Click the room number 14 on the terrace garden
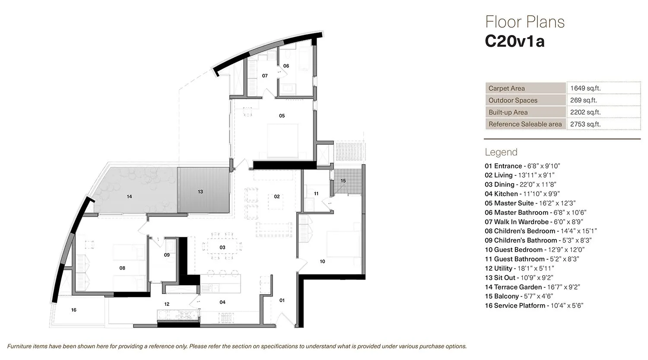pyautogui.click(x=129, y=197)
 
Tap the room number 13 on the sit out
pyautogui.click(x=200, y=191)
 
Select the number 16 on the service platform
pyautogui.click(x=74, y=310)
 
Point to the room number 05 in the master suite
pyautogui.click(x=282, y=116)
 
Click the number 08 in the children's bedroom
pyautogui.click(x=122, y=268)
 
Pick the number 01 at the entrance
pyautogui.click(x=282, y=300)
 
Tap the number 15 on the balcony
pyautogui.click(x=343, y=181)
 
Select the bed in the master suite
pyautogui.click(x=282, y=140)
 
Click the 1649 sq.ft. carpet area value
pyautogui.click(x=585, y=88)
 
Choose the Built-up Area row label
pyautogui.click(x=508, y=112)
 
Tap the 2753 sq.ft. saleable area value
pyautogui.click(x=585, y=124)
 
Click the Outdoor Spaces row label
pyautogui.click(x=513, y=100)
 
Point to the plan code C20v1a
pyautogui.click(x=515, y=41)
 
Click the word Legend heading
pyautogui.click(x=501, y=152)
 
